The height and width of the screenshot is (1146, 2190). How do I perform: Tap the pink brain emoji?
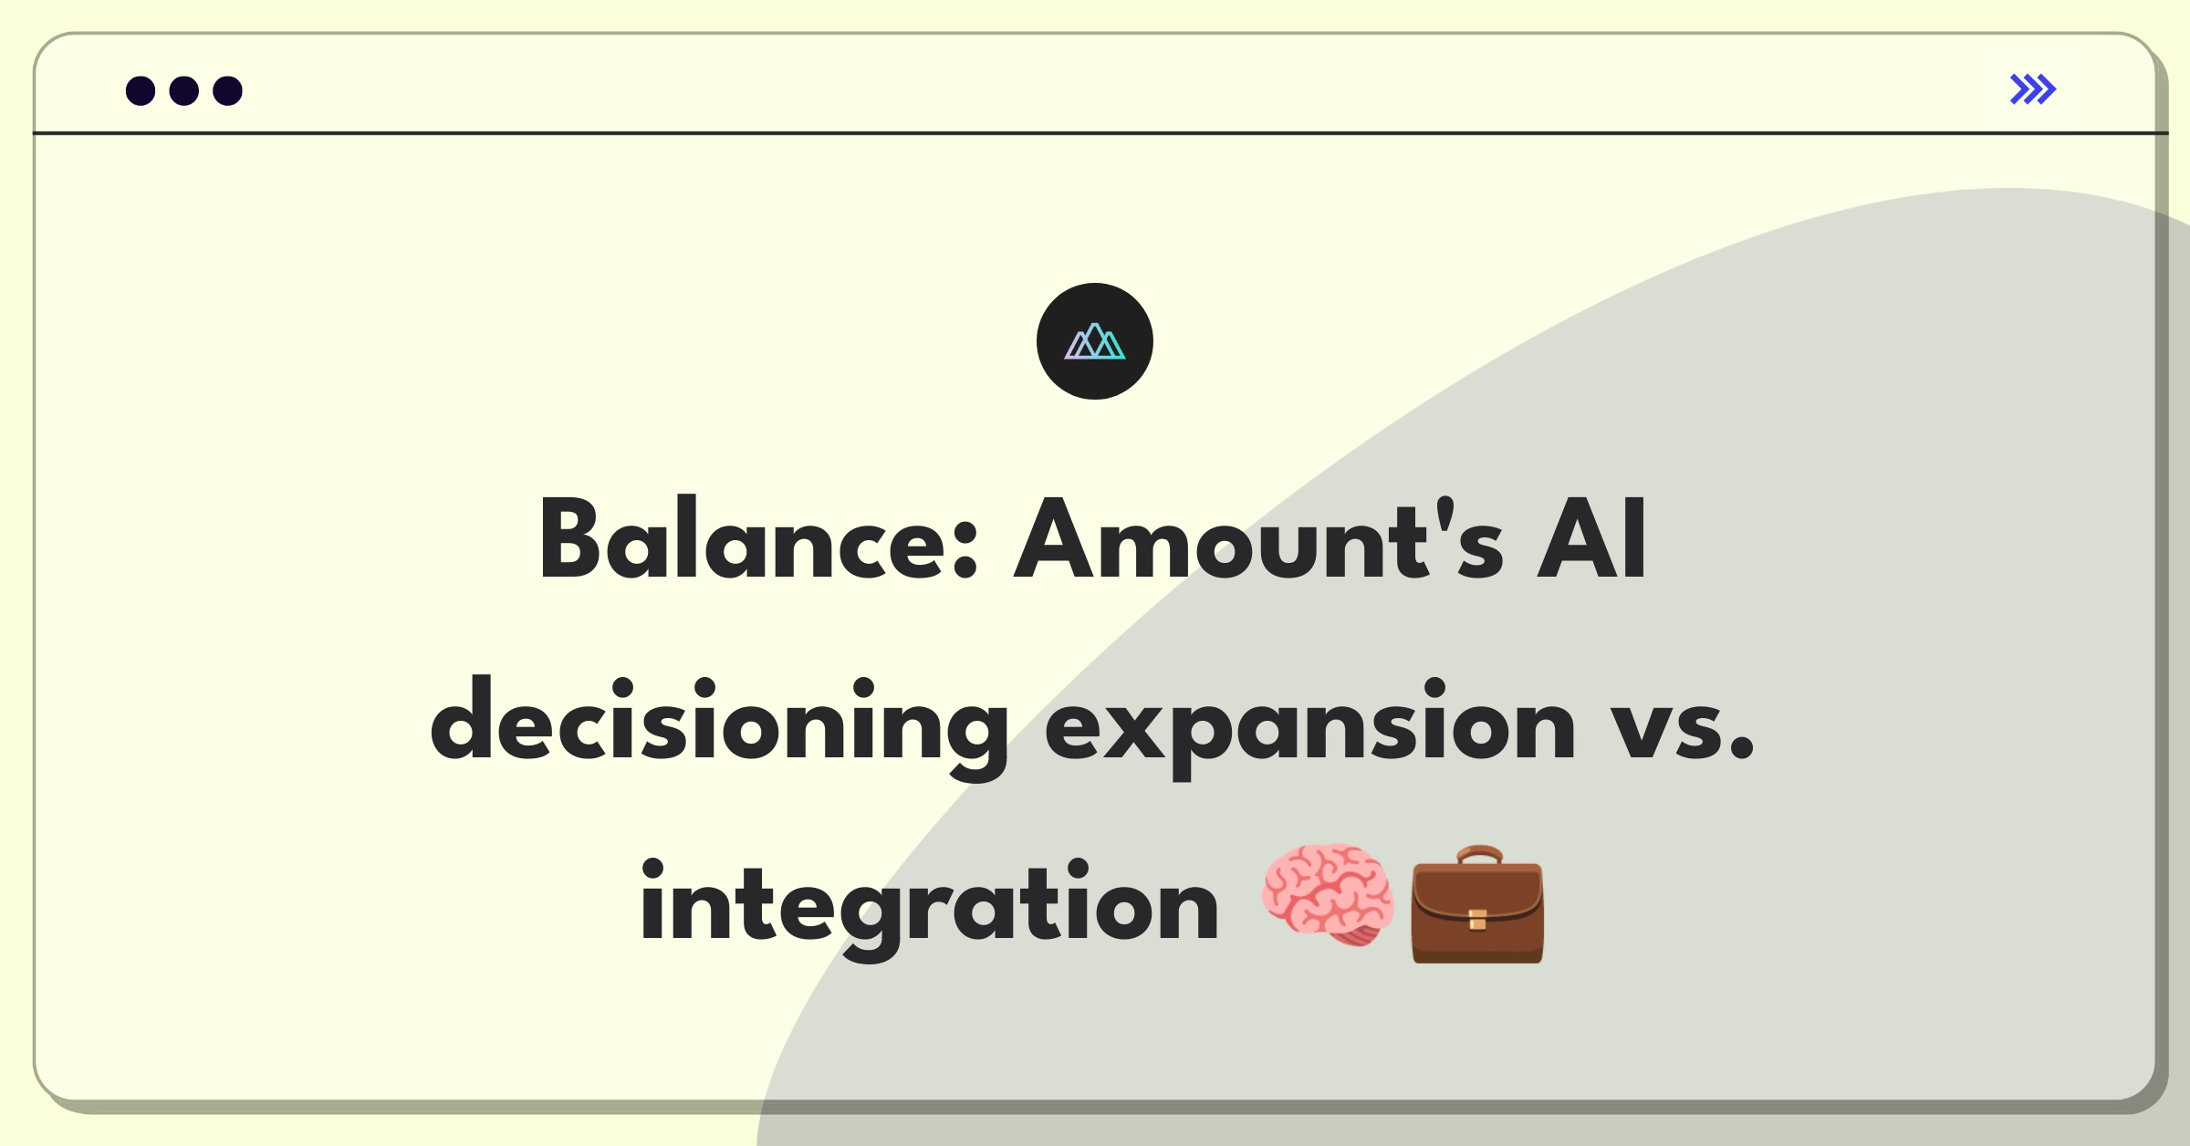pos(1329,894)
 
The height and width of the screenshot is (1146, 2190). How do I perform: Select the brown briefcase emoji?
pos(1477,903)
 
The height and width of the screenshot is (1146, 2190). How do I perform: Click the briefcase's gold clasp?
pos(1477,920)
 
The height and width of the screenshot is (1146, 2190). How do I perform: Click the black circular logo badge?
pos(1095,341)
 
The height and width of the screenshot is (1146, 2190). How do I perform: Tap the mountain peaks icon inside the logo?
pos(1095,341)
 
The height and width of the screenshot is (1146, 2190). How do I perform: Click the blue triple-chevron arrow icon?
pos(2033,89)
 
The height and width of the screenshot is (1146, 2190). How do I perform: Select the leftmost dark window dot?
pos(141,90)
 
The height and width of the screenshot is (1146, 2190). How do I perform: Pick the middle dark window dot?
pos(184,90)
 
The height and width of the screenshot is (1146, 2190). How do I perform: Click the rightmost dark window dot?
pos(228,90)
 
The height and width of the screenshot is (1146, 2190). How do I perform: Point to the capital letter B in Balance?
pos(570,538)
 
